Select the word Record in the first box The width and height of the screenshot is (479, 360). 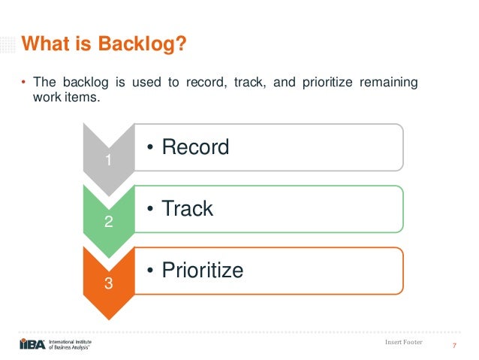(196, 147)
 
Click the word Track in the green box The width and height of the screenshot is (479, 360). (188, 208)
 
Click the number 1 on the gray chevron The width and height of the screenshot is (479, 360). (108, 160)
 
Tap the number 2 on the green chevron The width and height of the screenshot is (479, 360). (108, 222)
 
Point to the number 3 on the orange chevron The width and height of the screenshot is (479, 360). (108, 284)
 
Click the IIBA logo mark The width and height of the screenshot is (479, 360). (32, 344)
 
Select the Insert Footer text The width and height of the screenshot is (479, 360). (403, 343)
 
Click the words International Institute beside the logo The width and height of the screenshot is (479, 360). (74, 340)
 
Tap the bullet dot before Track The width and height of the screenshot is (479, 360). (150, 209)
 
